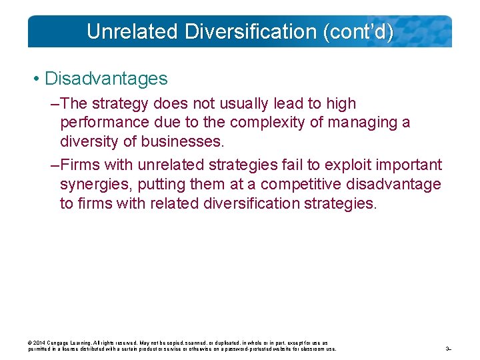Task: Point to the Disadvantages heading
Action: click(106, 79)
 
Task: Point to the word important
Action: click(410, 165)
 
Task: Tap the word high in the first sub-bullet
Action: click(341, 104)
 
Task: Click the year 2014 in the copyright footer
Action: click(39, 343)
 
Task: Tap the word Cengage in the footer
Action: click(58, 343)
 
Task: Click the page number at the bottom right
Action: click(449, 349)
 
